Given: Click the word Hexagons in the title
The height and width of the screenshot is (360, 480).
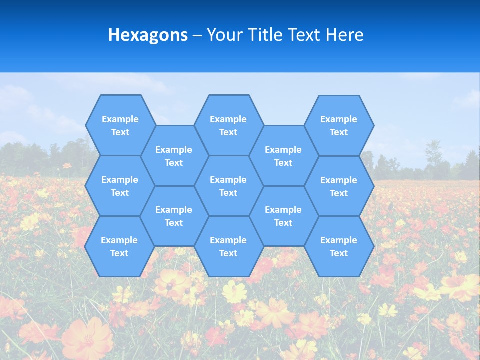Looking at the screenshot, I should point(148,35).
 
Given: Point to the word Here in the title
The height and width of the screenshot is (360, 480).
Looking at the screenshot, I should point(345,35).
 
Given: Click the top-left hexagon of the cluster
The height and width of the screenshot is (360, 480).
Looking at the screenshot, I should point(120,125).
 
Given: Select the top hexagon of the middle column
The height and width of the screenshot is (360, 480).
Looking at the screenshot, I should point(228,125).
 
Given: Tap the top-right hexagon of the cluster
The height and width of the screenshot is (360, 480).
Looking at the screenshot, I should point(339,125).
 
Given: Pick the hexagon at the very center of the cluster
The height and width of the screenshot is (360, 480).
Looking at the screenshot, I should point(228,186).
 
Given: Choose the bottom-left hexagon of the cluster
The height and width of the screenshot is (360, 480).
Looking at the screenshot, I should point(119,246).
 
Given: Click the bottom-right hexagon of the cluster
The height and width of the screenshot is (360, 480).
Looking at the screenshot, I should point(339,246).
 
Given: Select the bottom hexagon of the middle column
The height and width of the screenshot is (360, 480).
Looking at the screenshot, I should point(228,246).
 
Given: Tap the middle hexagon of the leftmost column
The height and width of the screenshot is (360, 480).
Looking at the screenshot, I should point(120,186).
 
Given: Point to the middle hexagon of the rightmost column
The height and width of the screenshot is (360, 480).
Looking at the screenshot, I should point(339,186).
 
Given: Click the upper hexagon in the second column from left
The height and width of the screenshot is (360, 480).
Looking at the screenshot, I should point(174,156).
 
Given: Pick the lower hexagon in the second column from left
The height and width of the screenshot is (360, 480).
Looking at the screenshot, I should point(174,216).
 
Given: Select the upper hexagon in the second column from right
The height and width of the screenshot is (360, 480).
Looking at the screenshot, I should point(283,156).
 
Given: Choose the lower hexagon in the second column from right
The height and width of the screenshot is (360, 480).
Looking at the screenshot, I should point(283,216).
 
